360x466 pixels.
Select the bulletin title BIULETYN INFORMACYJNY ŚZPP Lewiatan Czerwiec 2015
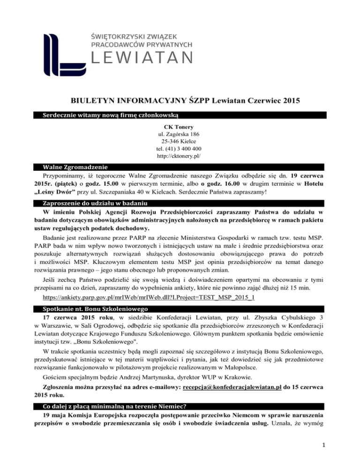[x=180, y=99]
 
